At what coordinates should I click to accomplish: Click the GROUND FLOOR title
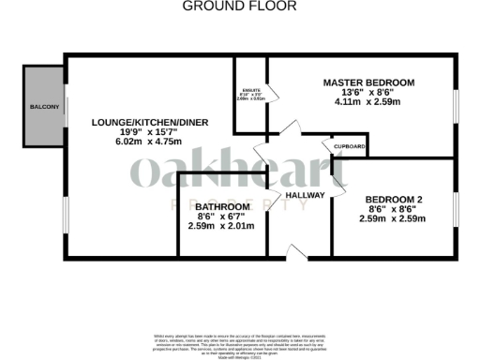(239, 7)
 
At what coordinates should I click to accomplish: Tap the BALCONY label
(44, 108)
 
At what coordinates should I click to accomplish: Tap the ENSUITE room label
(250, 90)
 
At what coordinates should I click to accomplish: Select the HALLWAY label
(305, 194)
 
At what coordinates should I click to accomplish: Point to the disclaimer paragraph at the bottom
(239, 343)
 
